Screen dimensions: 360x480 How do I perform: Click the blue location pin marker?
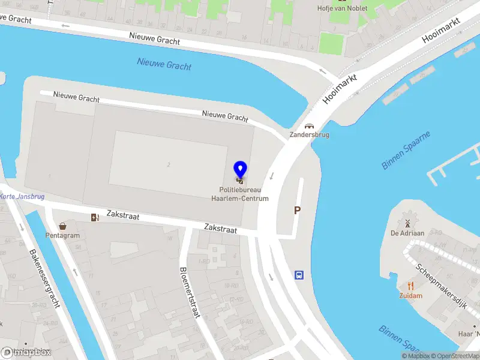coord(240,169)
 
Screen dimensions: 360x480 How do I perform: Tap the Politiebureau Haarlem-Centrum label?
coord(244,194)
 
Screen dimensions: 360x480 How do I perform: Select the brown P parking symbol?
coord(297,211)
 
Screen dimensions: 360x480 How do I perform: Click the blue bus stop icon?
coord(299,275)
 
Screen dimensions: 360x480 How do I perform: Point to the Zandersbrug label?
coord(309,135)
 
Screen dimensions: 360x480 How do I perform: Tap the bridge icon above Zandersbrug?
coord(309,126)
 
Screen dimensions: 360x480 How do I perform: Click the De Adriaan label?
coord(407,233)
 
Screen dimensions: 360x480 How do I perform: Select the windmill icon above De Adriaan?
coord(407,223)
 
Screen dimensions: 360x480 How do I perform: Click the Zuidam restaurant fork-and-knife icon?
coord(411,286)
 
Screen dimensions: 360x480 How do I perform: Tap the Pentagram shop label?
coord(62,235)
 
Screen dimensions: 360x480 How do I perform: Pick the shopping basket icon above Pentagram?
coord(62,226)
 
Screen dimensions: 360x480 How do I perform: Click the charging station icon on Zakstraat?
coord(94,217)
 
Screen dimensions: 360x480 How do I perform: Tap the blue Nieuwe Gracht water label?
coord(164,63)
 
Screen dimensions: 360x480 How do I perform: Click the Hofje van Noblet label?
coord(341,8)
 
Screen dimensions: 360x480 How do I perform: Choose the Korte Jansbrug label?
coord(22,197)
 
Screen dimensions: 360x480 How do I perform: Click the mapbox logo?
coord(26,352)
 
